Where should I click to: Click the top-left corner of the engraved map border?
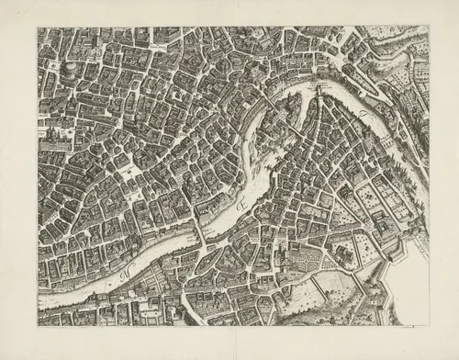pos(39,28)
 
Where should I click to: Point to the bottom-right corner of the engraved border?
pos(429,324)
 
